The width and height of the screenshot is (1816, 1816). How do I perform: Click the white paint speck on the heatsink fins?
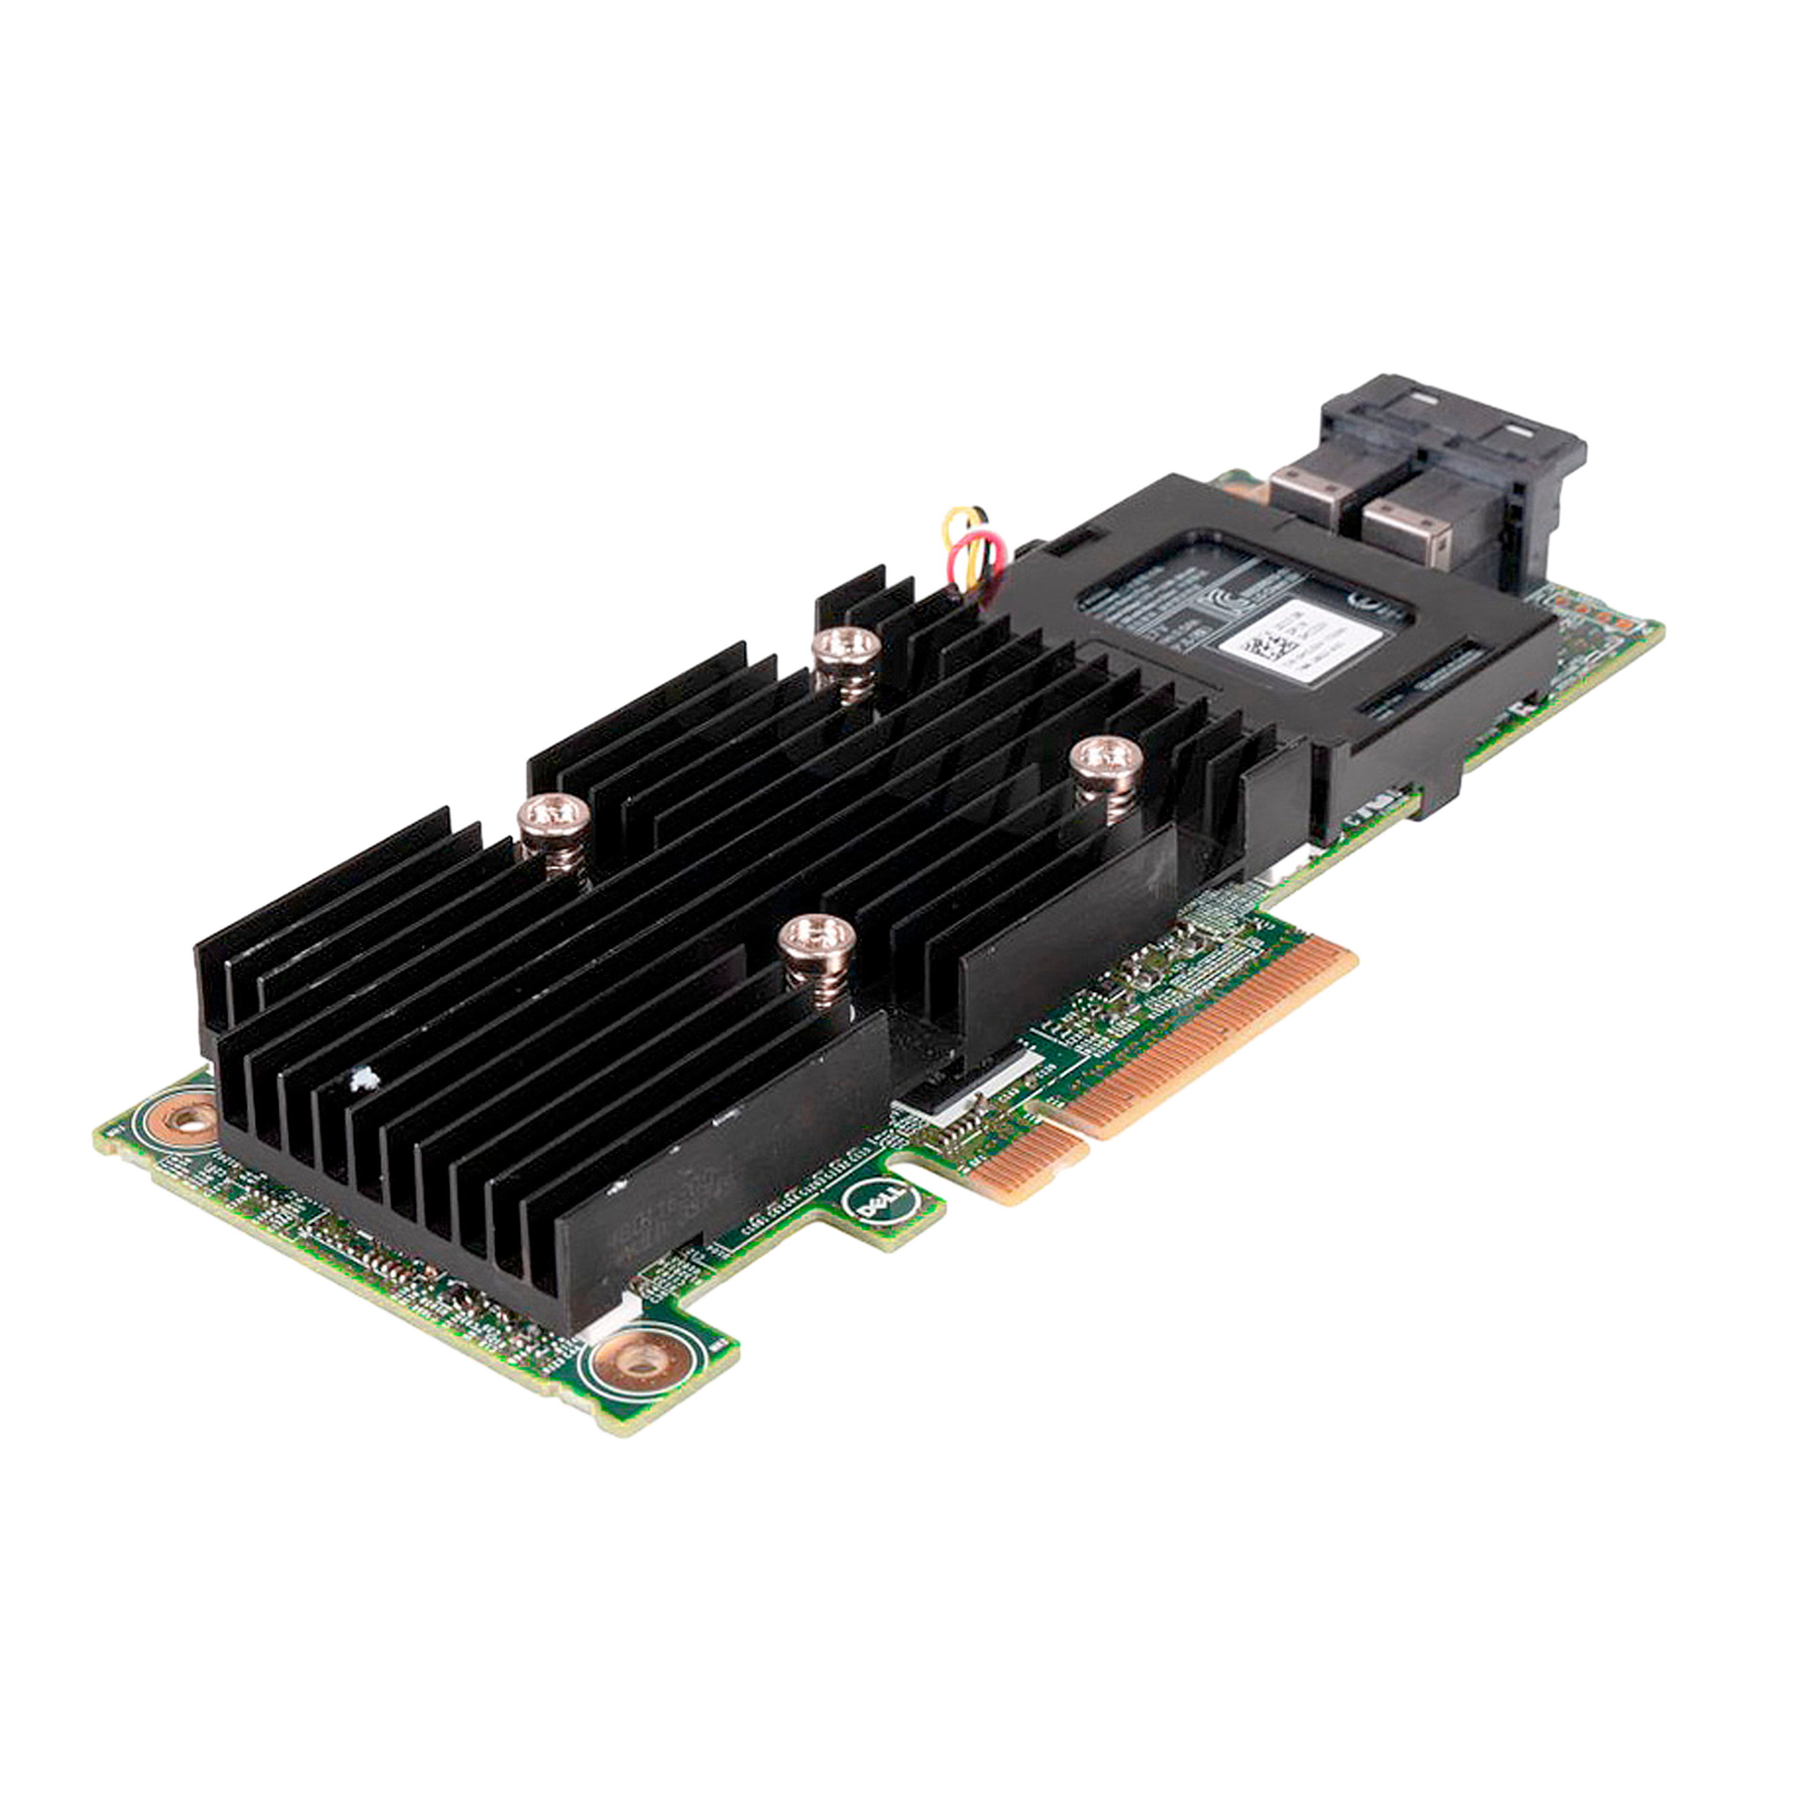point(362,1081)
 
